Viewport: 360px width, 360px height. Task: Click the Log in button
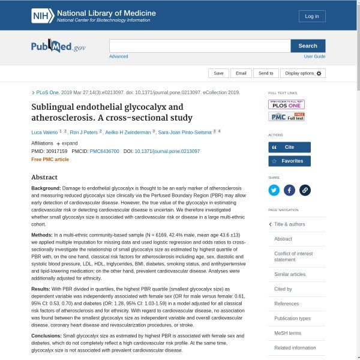(x=312, y=16)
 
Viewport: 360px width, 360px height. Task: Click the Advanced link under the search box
(x=118, y=56)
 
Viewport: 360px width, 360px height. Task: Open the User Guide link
(x=314, y=56)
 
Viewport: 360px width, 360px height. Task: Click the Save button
(x=218, y=73)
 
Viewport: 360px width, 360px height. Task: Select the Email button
(x=241, y=73)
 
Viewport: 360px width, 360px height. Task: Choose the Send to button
(x=266, y=73)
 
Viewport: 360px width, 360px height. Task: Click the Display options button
(x=303, y=73)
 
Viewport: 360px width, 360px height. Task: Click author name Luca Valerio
(x=44, y=131)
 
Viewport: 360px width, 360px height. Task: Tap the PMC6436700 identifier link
(x=104, y=151)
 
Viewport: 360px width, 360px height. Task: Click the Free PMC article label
(x=50, y=160)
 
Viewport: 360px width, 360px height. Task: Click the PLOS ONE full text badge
(x=286, y=104)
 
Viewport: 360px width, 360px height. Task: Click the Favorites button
(x=289, y=161)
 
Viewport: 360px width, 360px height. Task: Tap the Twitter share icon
(x=274, y=190)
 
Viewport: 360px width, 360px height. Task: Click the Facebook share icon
(x=289, y=190)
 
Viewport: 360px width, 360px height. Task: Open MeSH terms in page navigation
(x=287, y=333)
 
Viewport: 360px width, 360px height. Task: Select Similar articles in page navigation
(x=290, y=274)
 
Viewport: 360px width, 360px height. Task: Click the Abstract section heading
(x=44, y=177)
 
